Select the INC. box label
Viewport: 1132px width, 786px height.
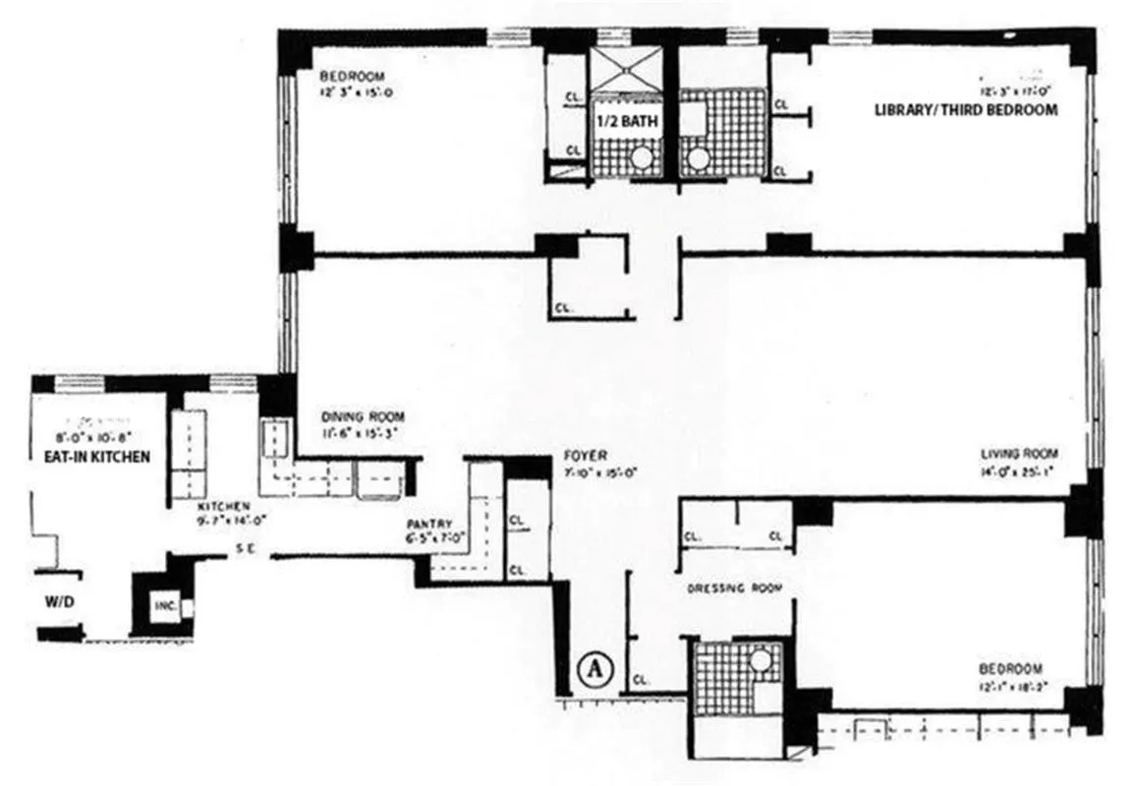click(x=163, y=606)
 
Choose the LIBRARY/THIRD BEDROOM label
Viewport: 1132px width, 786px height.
click(x=966, y=110)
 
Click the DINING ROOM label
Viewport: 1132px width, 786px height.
click(x=363, y=416)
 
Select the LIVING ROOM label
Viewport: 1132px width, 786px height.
click(x=1020, y=453)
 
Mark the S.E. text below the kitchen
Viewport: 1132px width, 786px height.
click(x=245, y=550)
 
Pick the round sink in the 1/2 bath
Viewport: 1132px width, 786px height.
click(x=642, y=158)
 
